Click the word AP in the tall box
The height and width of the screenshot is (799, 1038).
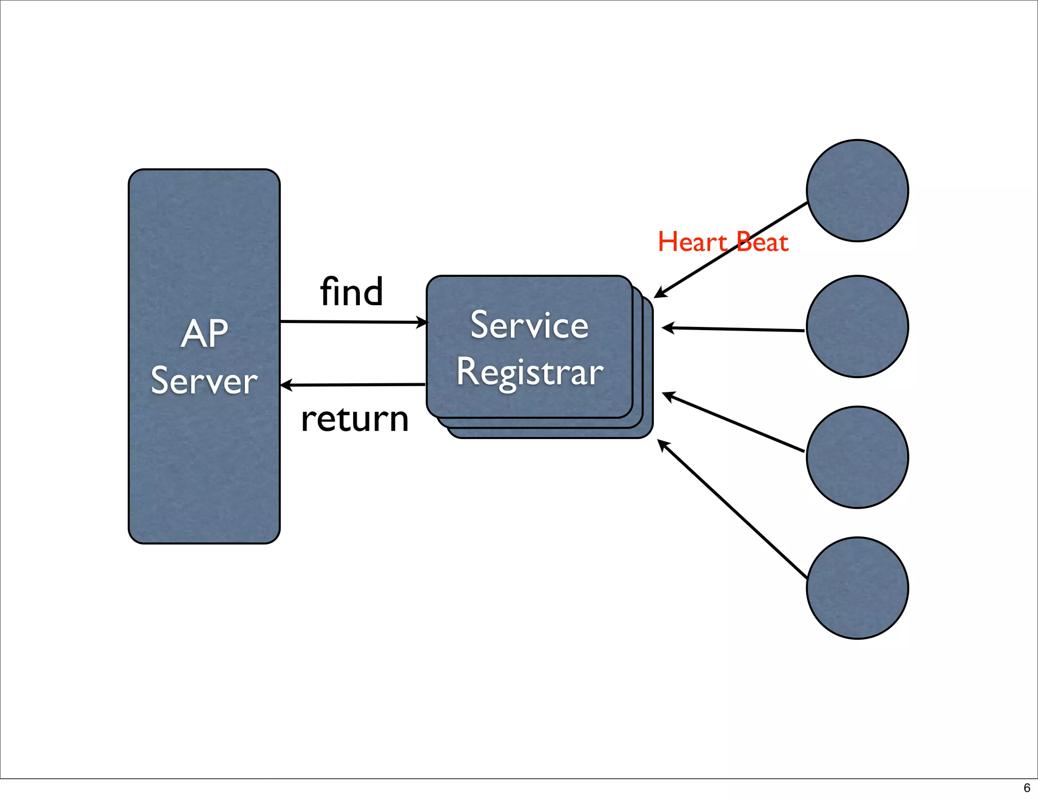204,334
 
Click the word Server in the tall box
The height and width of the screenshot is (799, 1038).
204,381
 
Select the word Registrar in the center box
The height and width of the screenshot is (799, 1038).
530,372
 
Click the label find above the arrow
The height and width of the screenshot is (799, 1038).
351,292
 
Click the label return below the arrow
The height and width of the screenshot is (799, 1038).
354,420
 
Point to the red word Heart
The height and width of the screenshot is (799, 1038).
692,242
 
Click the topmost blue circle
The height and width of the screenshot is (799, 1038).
857,191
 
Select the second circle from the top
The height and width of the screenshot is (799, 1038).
857,326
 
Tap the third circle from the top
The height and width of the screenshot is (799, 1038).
857,457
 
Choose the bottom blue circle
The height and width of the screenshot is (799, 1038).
857,588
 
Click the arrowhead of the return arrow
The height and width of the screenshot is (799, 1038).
286,385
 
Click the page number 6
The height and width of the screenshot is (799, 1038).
1027,788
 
